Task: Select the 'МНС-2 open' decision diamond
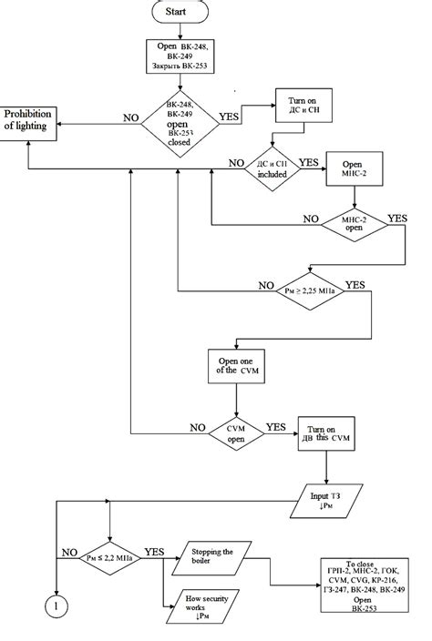tap(353, 224)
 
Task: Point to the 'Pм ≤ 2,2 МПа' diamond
tap(109, 555)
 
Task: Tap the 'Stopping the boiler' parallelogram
tap(216, 555)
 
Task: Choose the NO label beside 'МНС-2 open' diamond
tap(312, 219)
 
